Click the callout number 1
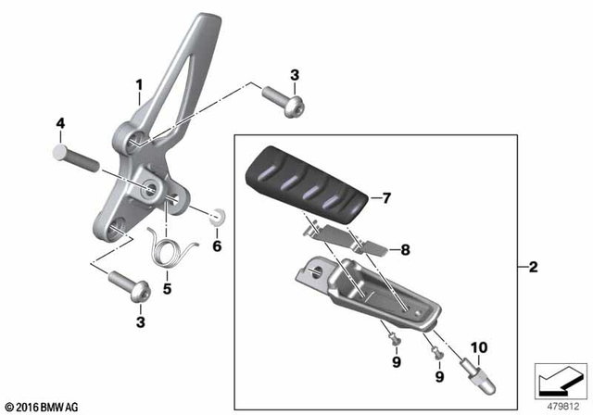pyautogui.click(x=140, y=89)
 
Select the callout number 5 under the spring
pyautogui.click(x=167, y=288)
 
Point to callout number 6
pyautogui.click(x=218, y=245)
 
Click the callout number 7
pyautogui.click(x=387, y=197)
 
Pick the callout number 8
pyautogui.click(x=404, y=248)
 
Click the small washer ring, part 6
pyautogui.click(x=220, y=217)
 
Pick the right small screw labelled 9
pyautogui.click(x=435, y=351)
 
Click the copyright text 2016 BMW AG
pyautogui.click(x=43, y=406)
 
